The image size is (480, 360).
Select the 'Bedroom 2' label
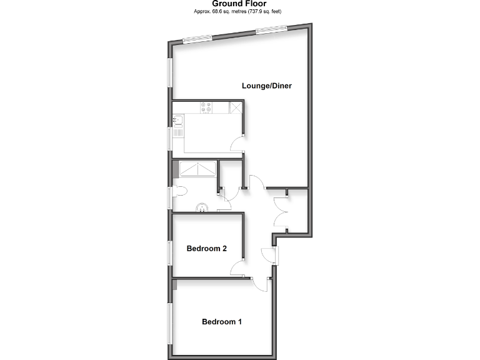[206, 248]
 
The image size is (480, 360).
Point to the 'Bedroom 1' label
[221, 322]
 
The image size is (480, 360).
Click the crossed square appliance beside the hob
[236, 108]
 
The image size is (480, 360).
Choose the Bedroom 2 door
[237, 269]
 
